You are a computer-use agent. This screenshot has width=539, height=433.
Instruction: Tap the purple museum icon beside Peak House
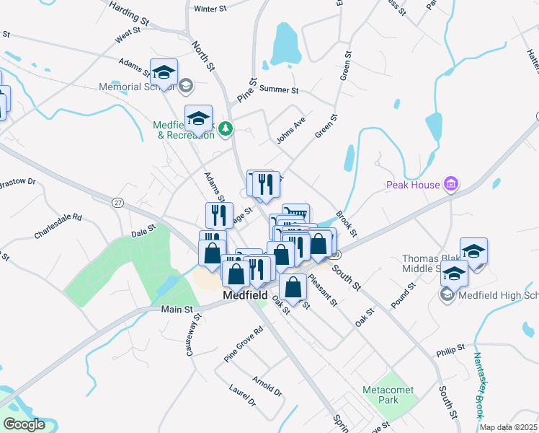(451, 185)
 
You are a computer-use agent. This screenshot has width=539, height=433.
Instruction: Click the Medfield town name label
(245, 295)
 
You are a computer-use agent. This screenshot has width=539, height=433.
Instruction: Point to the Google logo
(24, 424)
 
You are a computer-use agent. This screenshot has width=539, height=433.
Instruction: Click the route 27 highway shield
(117, 203)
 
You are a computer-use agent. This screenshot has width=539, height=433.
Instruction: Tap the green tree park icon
(226, 128)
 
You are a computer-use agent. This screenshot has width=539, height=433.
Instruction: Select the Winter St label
(210, 9)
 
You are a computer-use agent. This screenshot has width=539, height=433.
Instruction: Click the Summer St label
(278, 90)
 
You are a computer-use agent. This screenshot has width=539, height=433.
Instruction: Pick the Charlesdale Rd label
(58, 225)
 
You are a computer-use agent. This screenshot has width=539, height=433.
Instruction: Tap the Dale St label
(143, 229)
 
